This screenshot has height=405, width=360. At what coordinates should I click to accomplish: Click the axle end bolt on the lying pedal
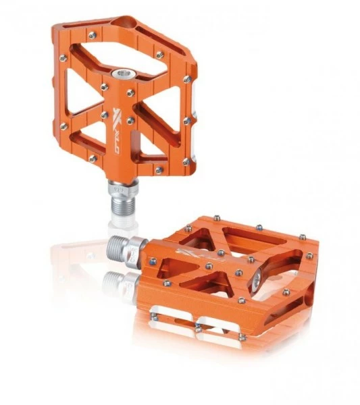tap(258, 282)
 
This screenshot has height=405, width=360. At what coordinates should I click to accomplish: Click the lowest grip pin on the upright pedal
tap(157, 169)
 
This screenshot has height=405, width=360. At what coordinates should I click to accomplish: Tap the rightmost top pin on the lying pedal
tap(309, 256)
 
